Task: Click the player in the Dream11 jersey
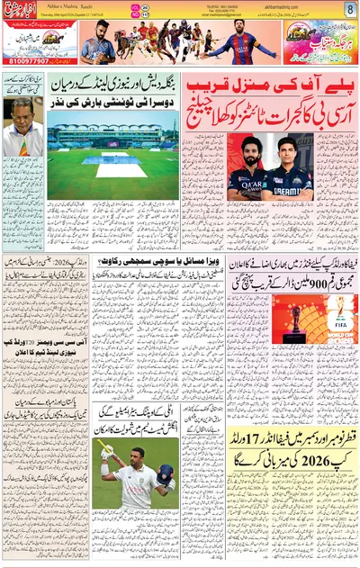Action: point(292,170)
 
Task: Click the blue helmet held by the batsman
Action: point(165,475)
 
